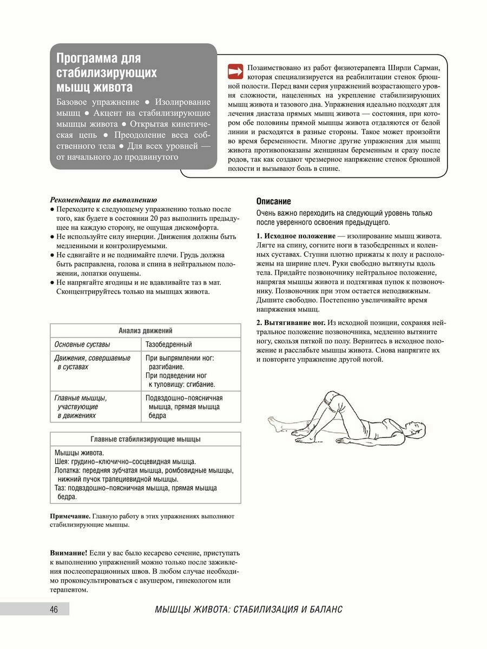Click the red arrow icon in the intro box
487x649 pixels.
(236, 71)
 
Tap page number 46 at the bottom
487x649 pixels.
(54, 610)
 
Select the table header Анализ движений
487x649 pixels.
(146, 330)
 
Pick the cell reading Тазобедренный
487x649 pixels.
(168, 344)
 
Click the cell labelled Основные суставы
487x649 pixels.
(82, 344)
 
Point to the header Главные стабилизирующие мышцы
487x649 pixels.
(146, 439)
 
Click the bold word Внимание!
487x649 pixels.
(68, 553)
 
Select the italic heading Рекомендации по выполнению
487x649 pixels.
(103, 199)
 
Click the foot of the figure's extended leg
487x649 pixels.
(275, 426)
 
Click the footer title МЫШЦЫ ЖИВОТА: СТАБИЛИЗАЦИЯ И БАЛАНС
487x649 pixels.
(248, 610)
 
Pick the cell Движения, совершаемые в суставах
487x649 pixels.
(93, 362)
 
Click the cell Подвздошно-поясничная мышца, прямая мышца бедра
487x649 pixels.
(184, 407)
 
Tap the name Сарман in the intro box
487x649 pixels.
(427, 68)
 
